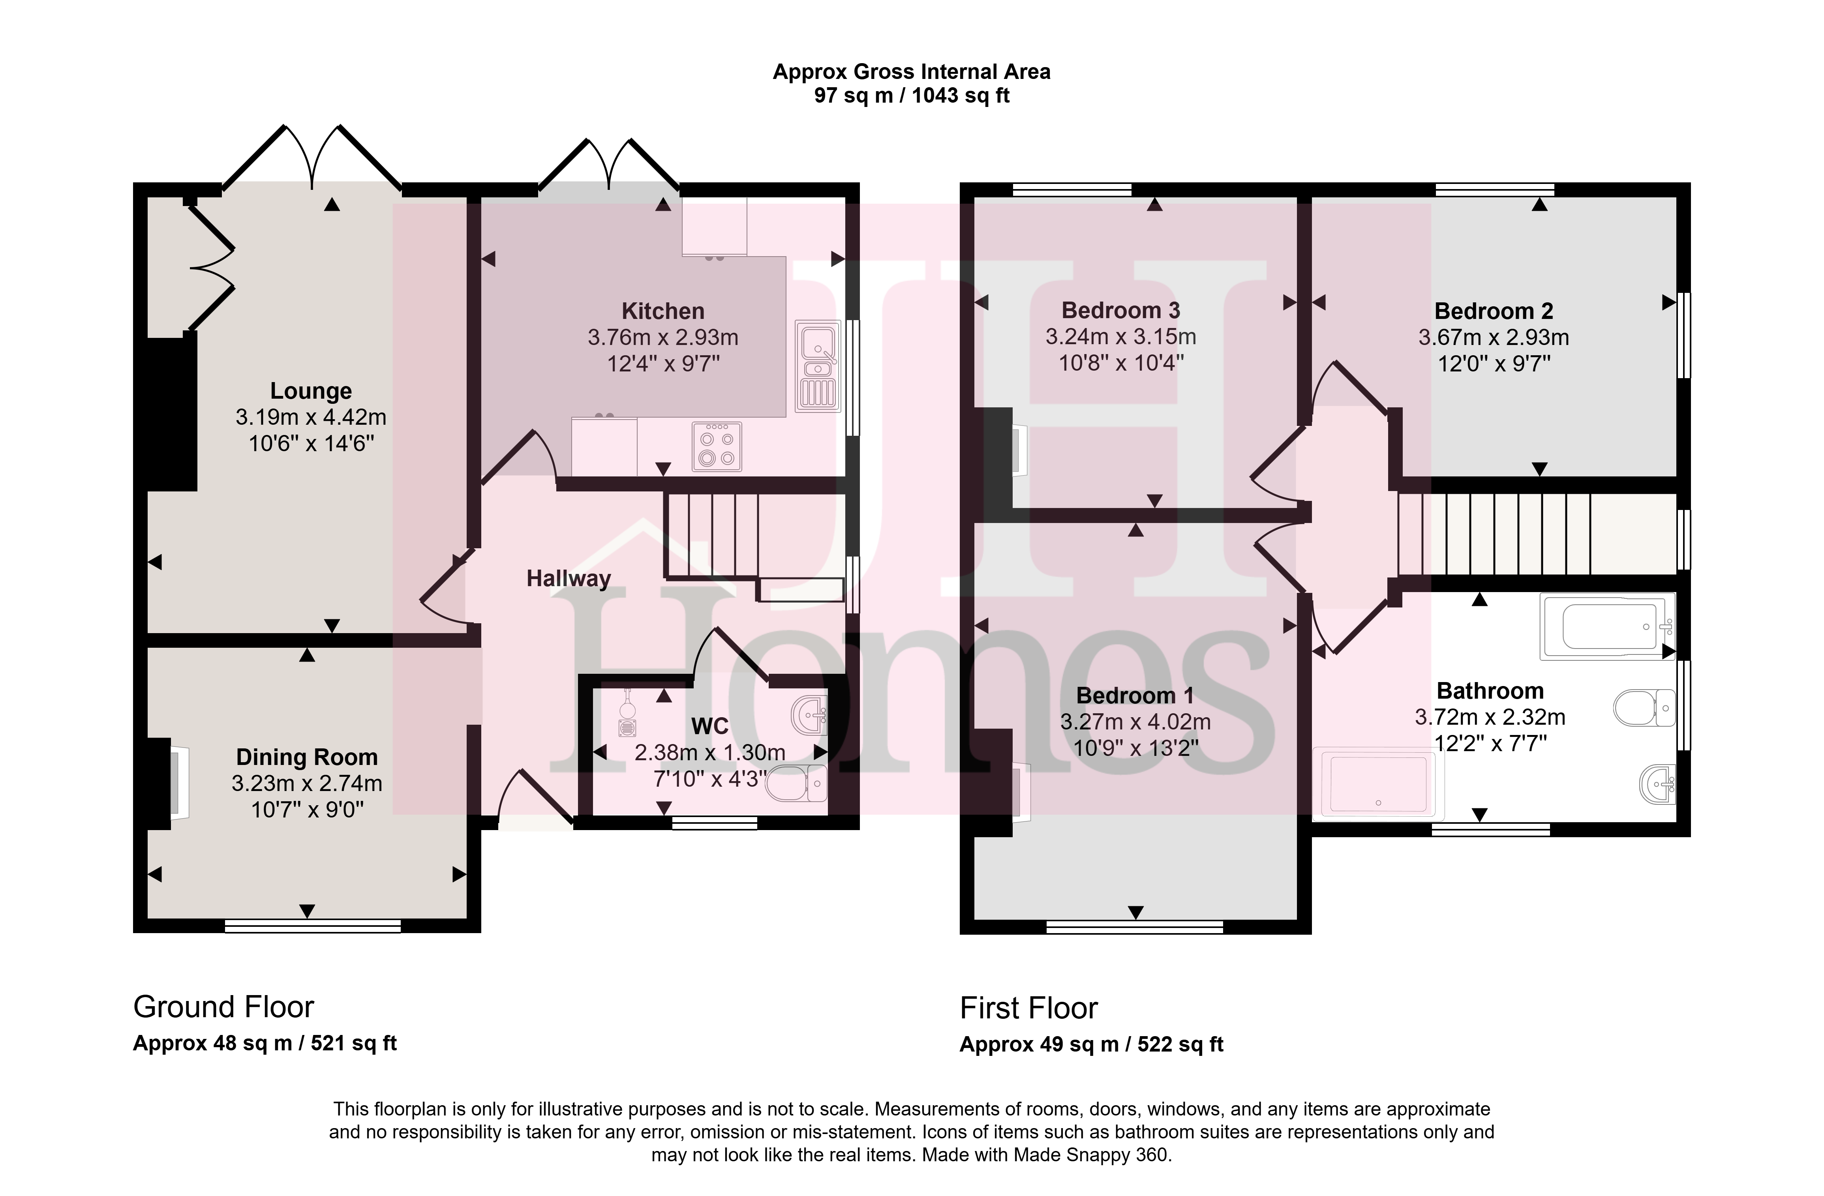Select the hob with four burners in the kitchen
tap(717, 447)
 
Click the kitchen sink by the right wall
tap(818, 366)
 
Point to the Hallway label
tap(569, 579)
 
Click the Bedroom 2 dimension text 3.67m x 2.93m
tap(1494, 337)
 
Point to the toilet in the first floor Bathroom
tap(1645, 708)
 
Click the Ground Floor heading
tap(224, 1007)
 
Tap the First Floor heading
tap(1028, 1008)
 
